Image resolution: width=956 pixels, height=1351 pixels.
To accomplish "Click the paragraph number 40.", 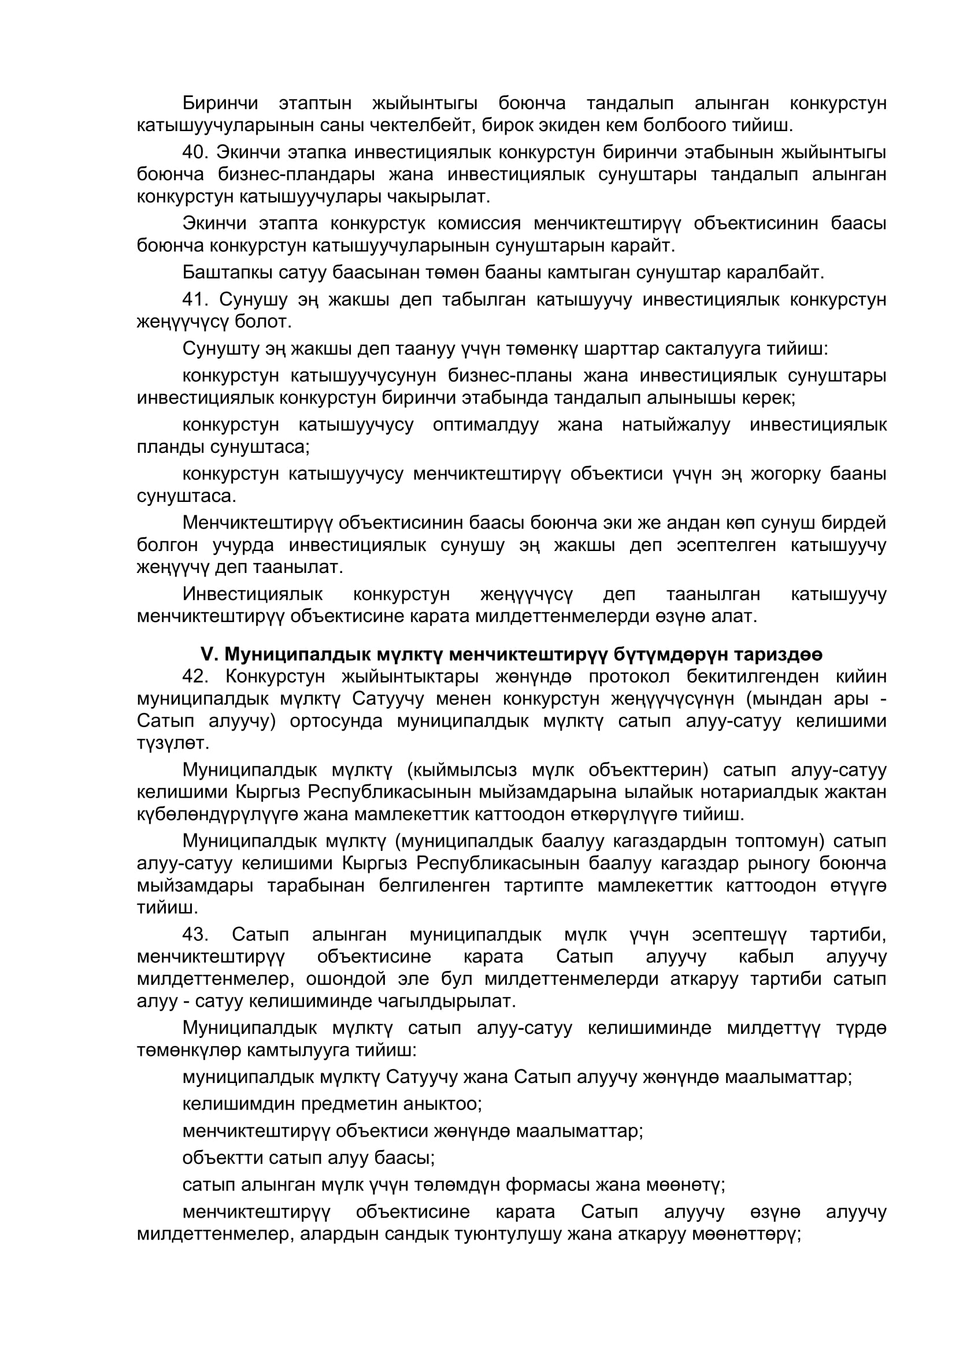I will tap(195, 152).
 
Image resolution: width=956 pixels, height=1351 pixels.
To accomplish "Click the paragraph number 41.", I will tap(195, 300).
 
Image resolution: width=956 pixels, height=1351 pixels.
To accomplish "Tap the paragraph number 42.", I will tap(195, 676).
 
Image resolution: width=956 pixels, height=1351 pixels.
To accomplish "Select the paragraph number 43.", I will tap(195, 934).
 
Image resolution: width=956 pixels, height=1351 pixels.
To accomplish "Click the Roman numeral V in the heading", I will tap(209, 654).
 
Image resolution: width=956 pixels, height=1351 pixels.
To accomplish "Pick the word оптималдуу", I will tap(485, 425).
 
